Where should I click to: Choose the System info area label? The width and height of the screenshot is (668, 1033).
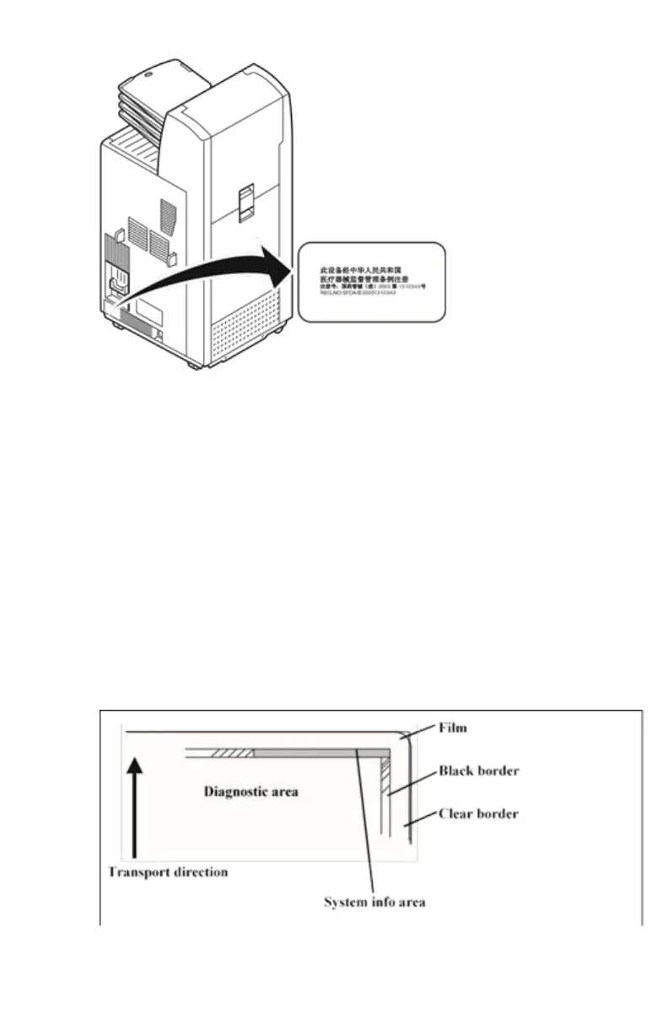(x=375, y=902)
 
